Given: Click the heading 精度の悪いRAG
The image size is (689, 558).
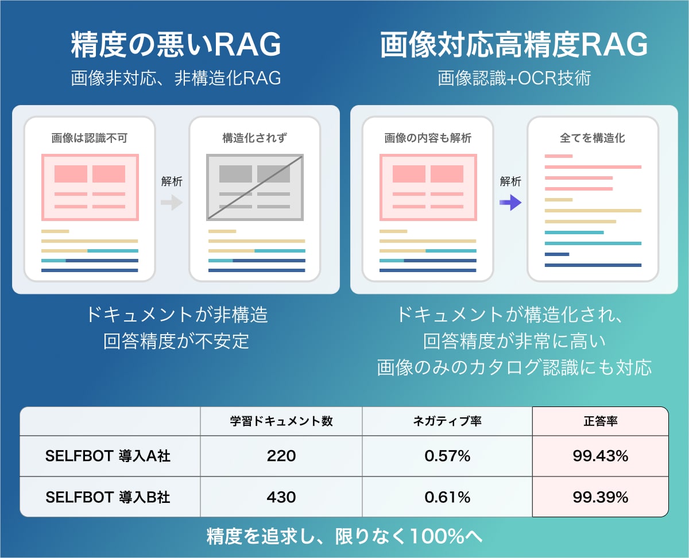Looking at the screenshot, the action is click(x=176, y=45).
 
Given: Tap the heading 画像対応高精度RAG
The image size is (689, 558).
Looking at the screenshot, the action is click(x=514, y=45).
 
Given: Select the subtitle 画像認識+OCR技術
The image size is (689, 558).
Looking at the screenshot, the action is click(x=514, y=78).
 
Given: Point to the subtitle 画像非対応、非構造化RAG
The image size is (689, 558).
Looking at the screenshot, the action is click(x=176, y=78).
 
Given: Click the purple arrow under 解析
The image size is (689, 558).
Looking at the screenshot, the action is click(x=510, y=203).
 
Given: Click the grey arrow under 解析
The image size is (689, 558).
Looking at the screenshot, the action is click(x=172, y=203).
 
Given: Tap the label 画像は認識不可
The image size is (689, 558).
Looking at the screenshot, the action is click(x=89, y=138).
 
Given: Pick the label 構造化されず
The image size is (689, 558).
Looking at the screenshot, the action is click(x=254, y=138).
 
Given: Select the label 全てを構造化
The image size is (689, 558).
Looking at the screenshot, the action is click(x=593, y=138).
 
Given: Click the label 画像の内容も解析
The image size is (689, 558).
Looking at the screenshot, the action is click(x=428, y=138).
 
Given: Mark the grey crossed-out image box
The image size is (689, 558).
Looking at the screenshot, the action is click(x=255, y=187).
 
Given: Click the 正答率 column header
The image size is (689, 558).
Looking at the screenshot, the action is click(x=601, y=421).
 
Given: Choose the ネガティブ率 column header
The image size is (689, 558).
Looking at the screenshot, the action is click(x=447, y=421).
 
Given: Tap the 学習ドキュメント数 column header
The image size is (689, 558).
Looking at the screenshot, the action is click(x=281, y=421).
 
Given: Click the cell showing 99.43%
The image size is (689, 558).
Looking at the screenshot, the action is click(x=601, y=456).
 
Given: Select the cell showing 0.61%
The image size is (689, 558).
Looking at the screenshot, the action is click(x=447, y=497).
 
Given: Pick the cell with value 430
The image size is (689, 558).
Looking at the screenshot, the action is click(x=281, y=497).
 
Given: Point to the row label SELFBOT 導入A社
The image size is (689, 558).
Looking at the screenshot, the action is click(x=108, y=456).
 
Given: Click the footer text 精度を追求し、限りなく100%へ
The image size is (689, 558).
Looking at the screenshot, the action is click(x=344, y=536).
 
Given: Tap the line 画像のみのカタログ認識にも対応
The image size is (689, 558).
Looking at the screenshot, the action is click(x=514, y=367).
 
